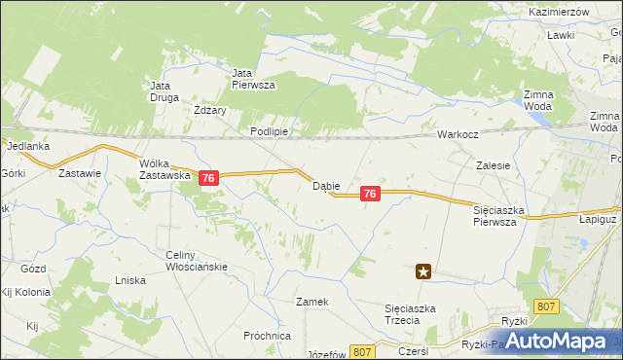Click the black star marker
pos(423,272)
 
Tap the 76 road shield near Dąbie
pos(369,195)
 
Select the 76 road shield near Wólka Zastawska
pos(208,178)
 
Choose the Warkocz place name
pos(457,134)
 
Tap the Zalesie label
pos(494,165)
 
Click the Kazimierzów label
pos(561,11)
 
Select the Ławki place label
pos(560,35)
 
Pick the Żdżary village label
pos(210,110)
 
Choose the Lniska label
pos(129,280)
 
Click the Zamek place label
pos(312,302)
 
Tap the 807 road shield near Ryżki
pos(547,306)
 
